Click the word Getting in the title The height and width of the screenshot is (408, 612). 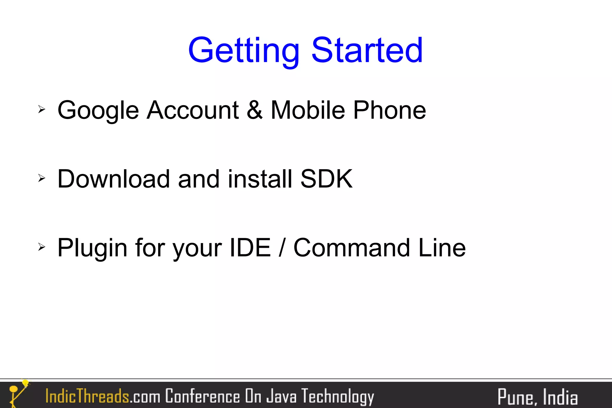coord(244,51)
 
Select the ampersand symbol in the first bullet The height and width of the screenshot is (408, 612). coord(255,110)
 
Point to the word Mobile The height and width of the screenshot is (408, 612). coord(308,110)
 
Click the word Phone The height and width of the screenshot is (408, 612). coord(389,110)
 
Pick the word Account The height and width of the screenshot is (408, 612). coord(193,110)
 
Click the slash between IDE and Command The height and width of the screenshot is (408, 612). coord(282,248)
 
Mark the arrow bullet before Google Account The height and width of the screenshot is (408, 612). coord(42,109)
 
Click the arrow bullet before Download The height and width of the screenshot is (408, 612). coord(42,178)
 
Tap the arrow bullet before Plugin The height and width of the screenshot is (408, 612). coord(42,247)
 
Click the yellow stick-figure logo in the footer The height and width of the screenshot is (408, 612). coord(18,393)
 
